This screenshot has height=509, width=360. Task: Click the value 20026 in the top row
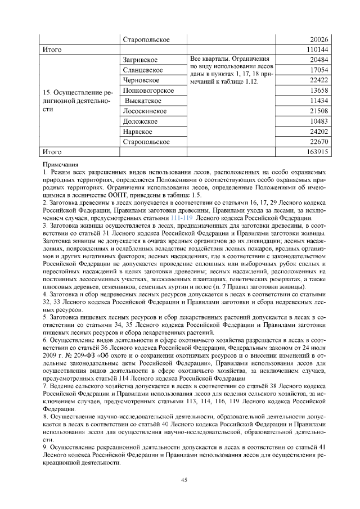coord(318,40)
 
